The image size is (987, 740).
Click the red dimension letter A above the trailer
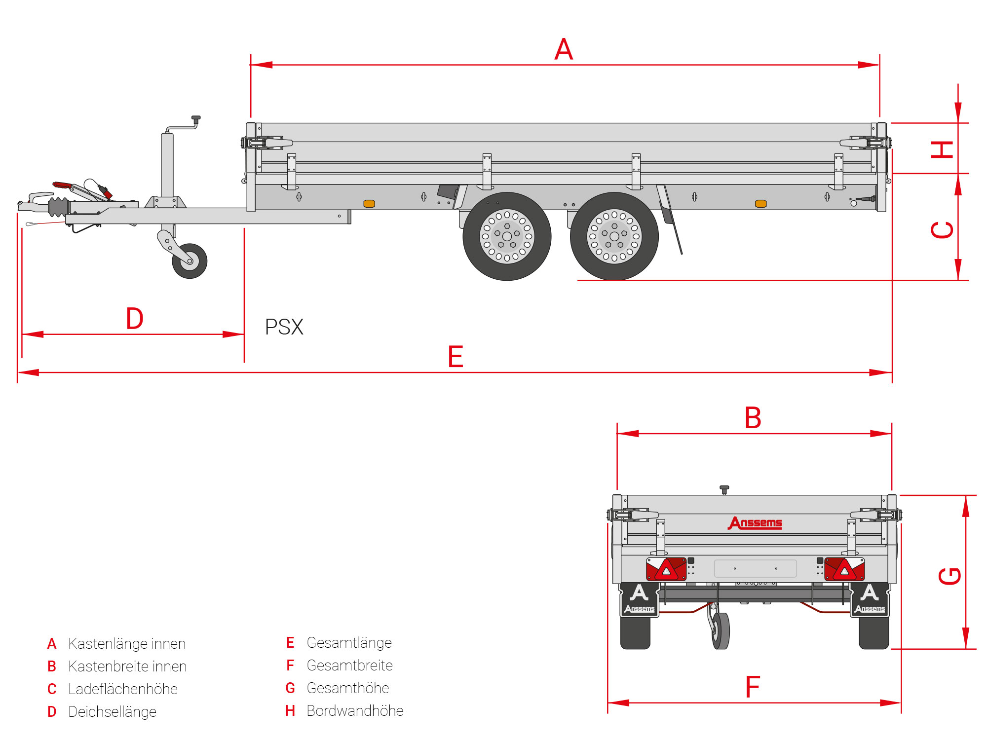[x=564, y=49]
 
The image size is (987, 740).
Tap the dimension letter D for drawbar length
[x=135, y=319]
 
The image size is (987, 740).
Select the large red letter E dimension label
[x=456, y=357]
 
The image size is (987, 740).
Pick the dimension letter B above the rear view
[x=753, y=418]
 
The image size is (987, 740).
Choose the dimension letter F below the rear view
[x=753, y=687]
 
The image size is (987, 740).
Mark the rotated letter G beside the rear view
[x=949, y=576]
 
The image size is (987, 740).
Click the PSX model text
[x=284, y=327]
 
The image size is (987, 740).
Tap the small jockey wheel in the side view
[x=190, y=261]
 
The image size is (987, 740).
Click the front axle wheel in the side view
[x=507, y=236]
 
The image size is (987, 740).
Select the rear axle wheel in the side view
[x=614, y=236]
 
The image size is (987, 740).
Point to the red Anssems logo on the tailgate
[x=755, y=523]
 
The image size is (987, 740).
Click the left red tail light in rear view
[x=666, y=569]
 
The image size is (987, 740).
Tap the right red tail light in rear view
[x=844, y=569]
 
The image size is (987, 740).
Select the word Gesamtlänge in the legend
[x=349, y=643]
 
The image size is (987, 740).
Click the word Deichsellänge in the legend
[x=112, y=712]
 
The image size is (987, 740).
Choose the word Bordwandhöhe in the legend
[x=355, y=711]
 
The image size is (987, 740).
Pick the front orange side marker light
[x=369, y=204]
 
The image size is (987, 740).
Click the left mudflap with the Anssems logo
[x=639, y=599]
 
